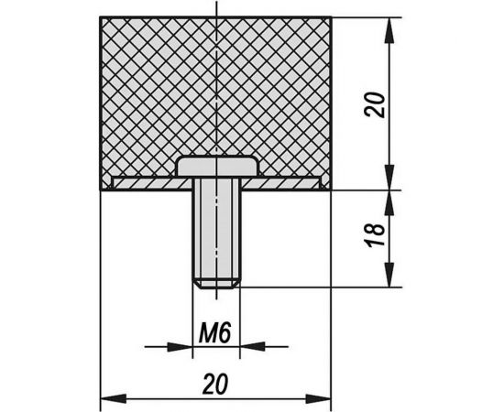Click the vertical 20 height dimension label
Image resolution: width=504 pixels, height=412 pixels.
375,104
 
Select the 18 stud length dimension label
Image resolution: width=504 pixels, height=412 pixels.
375,233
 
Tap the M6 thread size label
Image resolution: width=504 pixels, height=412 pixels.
214,333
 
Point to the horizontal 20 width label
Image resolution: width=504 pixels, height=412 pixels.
215,384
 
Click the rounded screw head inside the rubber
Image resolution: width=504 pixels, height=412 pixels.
217,166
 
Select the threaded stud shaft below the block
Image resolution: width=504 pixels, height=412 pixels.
216,233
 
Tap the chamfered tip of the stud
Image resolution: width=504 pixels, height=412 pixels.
216,285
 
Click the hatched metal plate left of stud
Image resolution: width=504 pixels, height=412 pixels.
152,183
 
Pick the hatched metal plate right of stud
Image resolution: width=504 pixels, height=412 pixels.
281,183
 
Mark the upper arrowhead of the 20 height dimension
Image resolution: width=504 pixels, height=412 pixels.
389,30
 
